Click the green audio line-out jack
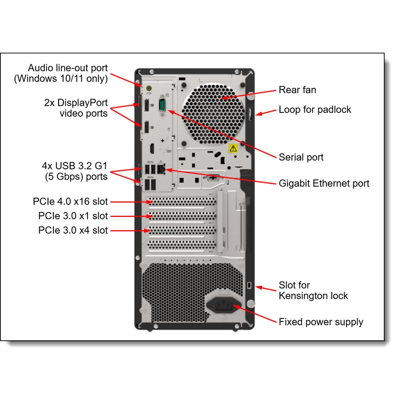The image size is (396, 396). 149,88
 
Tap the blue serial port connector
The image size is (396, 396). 162,107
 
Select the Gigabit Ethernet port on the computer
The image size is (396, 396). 161,169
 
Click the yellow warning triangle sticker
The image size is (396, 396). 233,149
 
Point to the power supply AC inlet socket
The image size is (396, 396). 223,305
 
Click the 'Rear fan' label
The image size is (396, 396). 297,90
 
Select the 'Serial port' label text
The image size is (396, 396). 301,157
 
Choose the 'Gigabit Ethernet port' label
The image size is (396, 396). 324,183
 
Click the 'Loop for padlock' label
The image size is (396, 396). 315,110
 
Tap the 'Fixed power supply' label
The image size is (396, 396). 321,322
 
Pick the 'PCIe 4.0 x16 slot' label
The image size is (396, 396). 70,202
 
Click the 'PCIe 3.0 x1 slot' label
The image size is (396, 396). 73,216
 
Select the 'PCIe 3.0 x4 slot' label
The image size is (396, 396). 73,230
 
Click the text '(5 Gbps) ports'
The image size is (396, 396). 76,177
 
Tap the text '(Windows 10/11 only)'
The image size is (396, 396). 61,78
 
